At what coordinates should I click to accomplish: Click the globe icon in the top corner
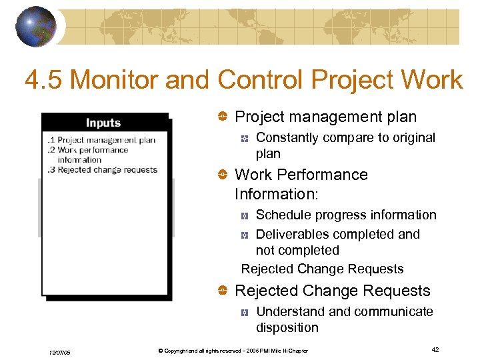tap(36, 27)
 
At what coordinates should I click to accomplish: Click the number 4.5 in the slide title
tap(43, 80)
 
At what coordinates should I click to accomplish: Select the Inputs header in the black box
tap(103, 123)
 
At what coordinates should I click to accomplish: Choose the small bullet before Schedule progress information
tap(245, 215)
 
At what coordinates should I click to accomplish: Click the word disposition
tap(287, 327)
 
